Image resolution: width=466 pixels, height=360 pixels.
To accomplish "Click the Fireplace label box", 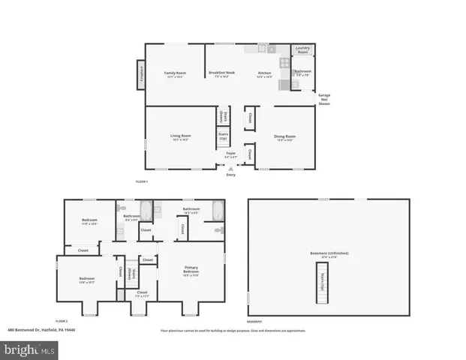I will (x=140, y=76).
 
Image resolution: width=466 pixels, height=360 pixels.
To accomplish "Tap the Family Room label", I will (x=175, y=73).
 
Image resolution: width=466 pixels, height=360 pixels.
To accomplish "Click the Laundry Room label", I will (x=302, y=51).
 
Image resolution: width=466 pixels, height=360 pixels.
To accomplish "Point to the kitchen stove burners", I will (x=284, y=64).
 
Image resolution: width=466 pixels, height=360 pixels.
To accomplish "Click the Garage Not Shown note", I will (x=324, y=100).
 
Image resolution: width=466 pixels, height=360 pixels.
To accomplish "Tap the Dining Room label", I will (x=284, y=137).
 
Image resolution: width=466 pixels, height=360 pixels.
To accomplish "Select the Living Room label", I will (x=180, y=137).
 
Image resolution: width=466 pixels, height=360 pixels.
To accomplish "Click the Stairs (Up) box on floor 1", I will (x=223, y=137).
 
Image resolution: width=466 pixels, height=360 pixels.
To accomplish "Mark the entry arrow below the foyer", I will (x=231, y=169).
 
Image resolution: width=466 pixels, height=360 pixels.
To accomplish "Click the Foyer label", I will (x=231, y=154).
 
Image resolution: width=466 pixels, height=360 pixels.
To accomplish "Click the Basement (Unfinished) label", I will (x=329, y=253).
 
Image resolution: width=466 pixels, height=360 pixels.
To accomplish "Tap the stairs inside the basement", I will (x=322, y=283).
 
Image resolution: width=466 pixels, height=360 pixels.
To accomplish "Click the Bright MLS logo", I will (x=30, y=349).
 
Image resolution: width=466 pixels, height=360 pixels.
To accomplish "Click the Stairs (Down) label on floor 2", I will (x=131, y=274).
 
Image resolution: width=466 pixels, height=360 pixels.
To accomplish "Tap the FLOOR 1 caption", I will (x=141, y=182).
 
